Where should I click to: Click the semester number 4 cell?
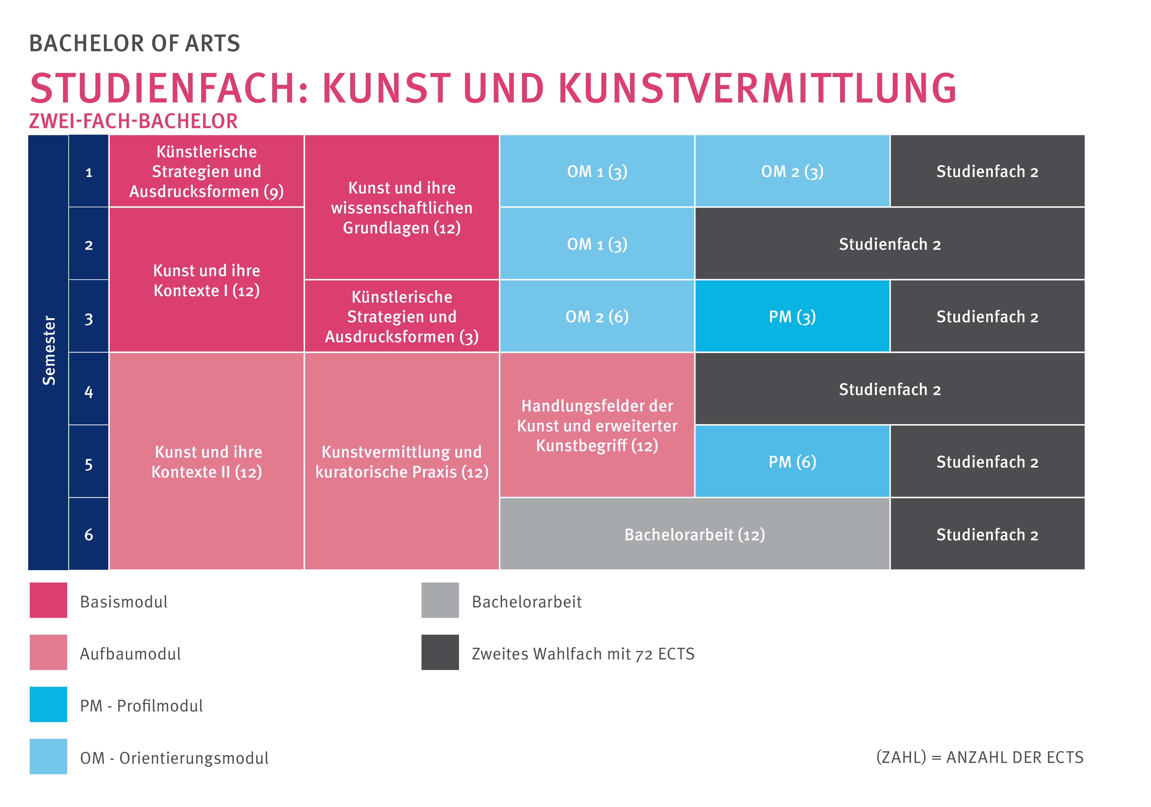(x=89, y=391)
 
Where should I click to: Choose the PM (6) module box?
(x=792, y=461)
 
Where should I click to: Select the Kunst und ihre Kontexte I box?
(x=206, y=281)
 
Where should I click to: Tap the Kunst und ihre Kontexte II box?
(x=206, y=461)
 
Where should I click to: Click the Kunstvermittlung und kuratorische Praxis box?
(x=402, y=461)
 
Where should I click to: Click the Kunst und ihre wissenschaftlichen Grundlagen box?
(x=402, y=207)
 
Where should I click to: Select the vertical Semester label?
(x=49, y=351)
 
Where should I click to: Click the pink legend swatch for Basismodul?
(x=48, y=600)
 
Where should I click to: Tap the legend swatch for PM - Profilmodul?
(x=48, y=704)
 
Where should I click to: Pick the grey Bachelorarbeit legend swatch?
(x=440, y=600)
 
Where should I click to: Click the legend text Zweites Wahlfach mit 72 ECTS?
(x=583, y=654)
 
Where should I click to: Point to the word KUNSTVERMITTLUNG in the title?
(x=757, y=88)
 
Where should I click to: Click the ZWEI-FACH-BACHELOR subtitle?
(x=133, y=121)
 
